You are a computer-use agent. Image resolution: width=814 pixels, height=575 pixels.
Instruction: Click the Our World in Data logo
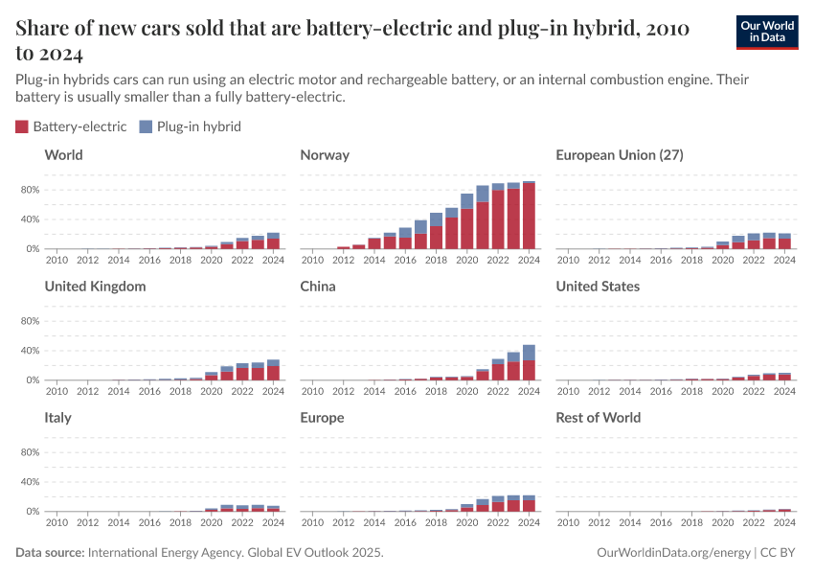click(x=766, y=32)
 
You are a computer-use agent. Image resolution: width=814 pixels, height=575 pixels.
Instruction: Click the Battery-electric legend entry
click(x=71, y=126)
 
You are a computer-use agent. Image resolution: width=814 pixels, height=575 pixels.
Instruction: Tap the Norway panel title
click(x=325, y=155)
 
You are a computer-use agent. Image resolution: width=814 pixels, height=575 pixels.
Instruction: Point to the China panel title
click(x=318, y=287)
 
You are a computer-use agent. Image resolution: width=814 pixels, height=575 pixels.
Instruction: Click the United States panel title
click(x=598, y=287)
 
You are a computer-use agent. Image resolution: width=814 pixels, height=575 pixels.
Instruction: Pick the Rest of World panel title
click(x=599, y=418)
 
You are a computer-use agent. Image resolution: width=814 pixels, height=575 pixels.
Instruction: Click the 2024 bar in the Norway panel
click(x=529, y=216)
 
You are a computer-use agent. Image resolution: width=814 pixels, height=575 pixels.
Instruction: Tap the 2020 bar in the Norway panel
click(x=467, y=221)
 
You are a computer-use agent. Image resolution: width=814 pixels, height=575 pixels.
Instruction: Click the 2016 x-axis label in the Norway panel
click(x=405, y=260)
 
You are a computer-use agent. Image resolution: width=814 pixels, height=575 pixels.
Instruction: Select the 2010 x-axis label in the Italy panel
click(x=57, y=522)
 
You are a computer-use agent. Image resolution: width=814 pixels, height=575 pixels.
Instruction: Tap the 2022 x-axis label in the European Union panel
click(x=753, y=260)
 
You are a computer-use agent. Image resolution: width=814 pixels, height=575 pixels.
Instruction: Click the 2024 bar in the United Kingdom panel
click(x=273, y=370)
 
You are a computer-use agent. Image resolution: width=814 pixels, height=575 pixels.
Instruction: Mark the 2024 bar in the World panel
click(x=273, y=241)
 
